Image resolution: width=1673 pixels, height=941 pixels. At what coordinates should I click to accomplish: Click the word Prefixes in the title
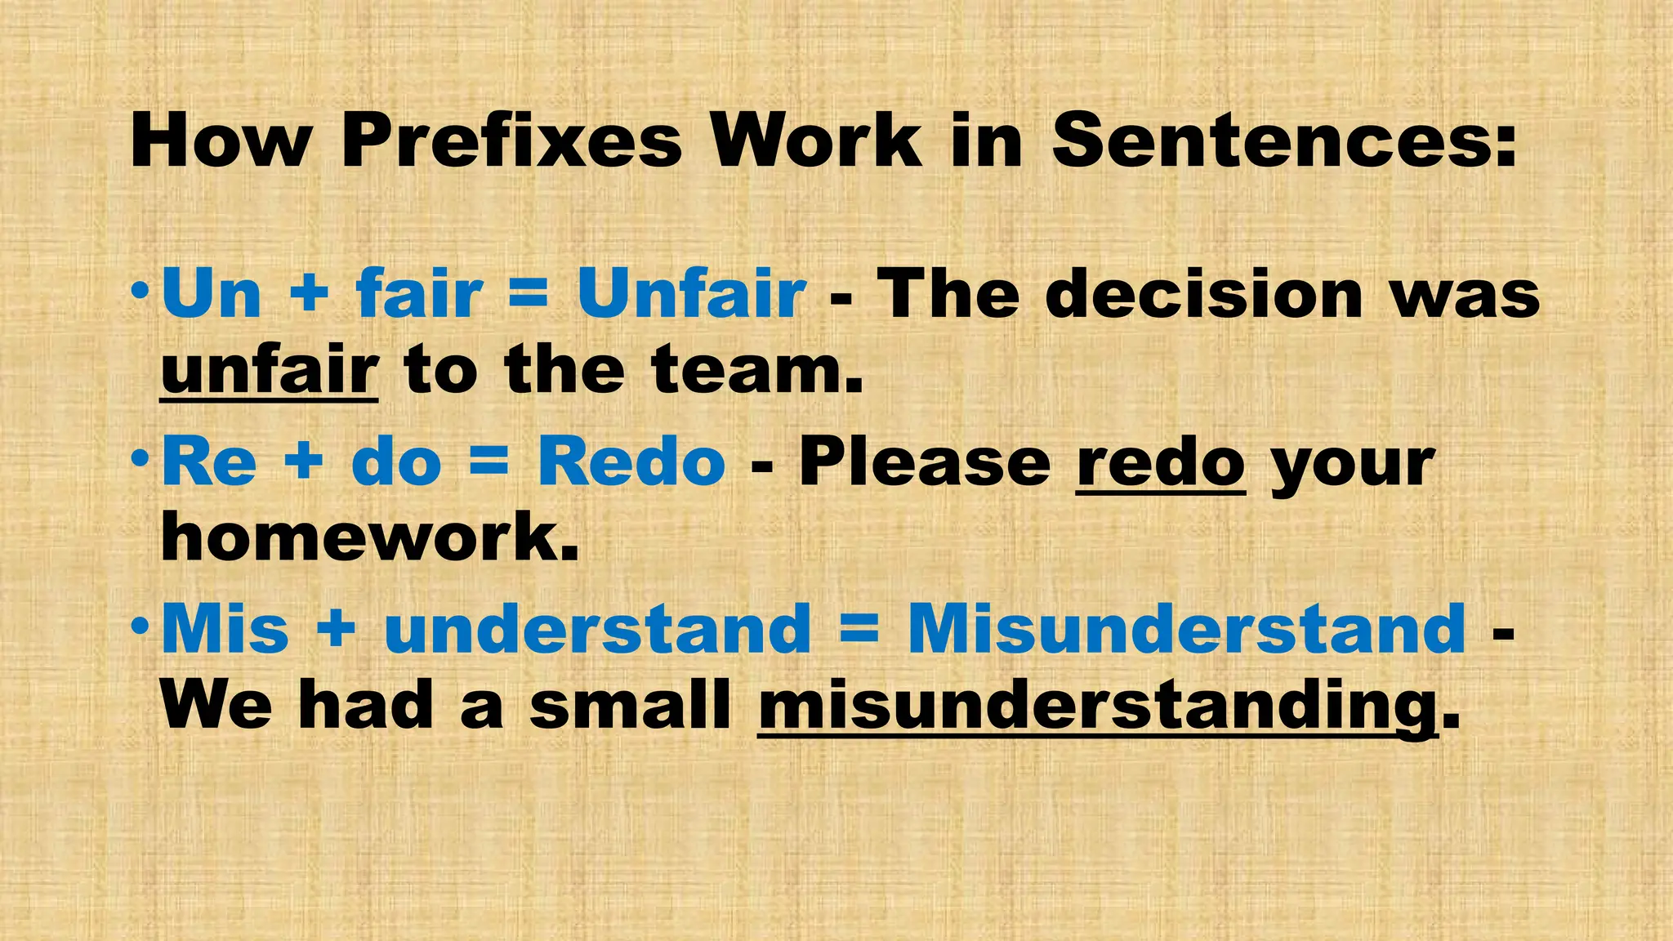[x=511, y=140]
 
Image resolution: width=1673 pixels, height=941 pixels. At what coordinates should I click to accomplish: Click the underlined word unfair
[x=270, y=370]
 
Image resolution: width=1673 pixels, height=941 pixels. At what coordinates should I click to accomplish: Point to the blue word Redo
[x=631, y=462]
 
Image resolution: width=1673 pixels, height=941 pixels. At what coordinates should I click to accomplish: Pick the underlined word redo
[x=1161, y=462]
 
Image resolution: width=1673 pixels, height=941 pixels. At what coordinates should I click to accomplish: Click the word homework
[x=370, y=537]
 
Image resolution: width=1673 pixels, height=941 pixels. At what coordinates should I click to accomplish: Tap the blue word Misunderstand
[x=1187, y=629]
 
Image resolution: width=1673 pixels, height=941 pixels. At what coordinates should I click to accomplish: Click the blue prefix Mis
[x=225, y=629]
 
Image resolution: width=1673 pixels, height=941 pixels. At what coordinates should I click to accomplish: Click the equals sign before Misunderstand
[x=859, y=630]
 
